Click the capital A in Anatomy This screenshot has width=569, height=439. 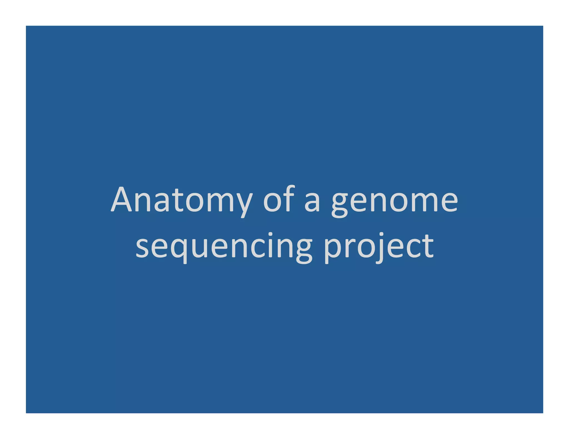click(121, 199)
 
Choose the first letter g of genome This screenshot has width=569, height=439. click(340, 204)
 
